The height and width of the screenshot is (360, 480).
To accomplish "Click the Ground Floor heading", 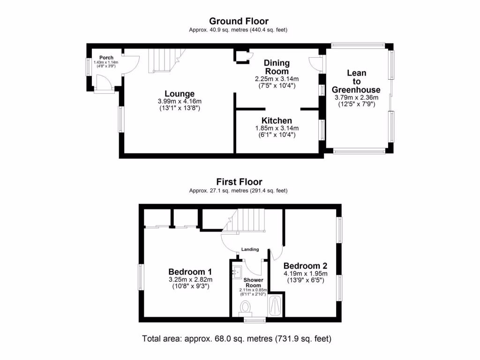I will tap(239, 21).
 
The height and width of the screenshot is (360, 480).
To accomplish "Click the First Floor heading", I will tap(239, 182).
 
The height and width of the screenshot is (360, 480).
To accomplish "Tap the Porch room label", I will tap(106, 58).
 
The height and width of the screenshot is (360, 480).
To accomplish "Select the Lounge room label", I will tap(180, 94).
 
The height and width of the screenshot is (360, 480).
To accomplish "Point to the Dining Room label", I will tap(277, 67).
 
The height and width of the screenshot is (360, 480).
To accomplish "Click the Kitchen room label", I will tap(277, 121).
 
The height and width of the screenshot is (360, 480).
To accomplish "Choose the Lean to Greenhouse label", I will tap(356, 81).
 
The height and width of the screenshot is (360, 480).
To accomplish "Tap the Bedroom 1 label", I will tap(190, 271).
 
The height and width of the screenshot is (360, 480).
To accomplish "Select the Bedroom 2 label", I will tap(305, 265).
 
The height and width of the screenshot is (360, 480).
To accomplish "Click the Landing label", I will tap(250, 249).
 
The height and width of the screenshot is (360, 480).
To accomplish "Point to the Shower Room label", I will tap(254, 283).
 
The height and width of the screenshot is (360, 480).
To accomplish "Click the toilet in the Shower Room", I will tap(245, 308).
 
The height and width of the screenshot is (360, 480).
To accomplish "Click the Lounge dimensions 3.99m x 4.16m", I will tap(180, 101).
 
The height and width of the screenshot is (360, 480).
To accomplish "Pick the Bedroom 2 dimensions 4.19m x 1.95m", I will tap(305, 274).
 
